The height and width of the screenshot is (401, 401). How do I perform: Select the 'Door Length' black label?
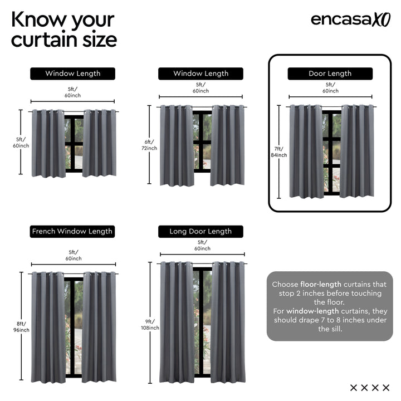[330, 74]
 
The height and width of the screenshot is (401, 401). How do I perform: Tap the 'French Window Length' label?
[72, 231]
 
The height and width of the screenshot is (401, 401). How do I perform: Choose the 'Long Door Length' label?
[200, 231]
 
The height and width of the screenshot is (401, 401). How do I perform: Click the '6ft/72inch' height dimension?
[150, 145]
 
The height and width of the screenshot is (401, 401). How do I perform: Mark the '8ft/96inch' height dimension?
[22, 327]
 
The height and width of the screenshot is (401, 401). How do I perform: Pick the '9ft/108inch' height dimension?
[150, 325]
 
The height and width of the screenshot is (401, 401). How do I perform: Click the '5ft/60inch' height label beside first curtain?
[22, 143]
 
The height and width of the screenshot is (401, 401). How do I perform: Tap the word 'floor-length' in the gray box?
[321, 285]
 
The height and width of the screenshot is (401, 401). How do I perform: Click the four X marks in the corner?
[370, 388]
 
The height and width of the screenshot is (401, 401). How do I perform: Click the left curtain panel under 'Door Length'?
[306, 151]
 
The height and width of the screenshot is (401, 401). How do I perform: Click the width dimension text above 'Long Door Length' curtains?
[202, 246]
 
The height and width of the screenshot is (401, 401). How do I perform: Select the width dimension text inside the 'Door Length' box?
[330, 87]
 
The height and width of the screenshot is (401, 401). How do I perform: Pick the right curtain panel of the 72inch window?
[227, 145]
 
